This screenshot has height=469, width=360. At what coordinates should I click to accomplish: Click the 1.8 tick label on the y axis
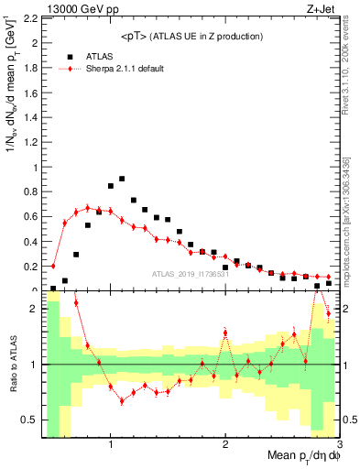pos(29,68)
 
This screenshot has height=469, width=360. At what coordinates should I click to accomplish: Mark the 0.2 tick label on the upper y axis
pos(29,267)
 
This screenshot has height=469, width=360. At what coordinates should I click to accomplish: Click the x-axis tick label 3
pos(339,443)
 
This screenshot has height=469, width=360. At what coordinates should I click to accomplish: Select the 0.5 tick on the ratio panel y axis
pos(29,420)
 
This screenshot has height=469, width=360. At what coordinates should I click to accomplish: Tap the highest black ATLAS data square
pos(122,179)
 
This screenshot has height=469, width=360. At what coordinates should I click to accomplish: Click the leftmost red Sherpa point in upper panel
pos(53,267)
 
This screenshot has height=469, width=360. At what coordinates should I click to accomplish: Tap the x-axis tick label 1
pos(111,443)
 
